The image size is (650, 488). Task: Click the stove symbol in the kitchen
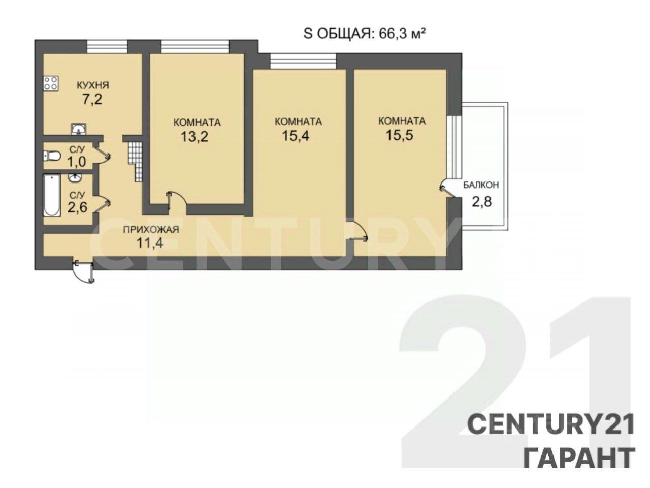[51, 83]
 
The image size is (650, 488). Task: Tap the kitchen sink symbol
[79, 129]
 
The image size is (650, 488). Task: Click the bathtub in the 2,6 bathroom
[52, 195]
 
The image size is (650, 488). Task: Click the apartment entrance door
[84, 271]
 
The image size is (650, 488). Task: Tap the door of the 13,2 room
[177, 201]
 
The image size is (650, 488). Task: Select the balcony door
[447, 189]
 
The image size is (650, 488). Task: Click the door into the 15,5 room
[359, 233]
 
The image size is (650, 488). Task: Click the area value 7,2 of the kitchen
[92, 99]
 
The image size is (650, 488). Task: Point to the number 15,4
[296, 136]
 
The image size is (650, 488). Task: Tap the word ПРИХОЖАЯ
[151, 229]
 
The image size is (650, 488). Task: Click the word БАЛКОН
[481, 185]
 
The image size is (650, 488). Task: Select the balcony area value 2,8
[481, 202]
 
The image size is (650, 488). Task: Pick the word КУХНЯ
[93, 85]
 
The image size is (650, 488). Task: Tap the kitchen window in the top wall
[107, 47]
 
